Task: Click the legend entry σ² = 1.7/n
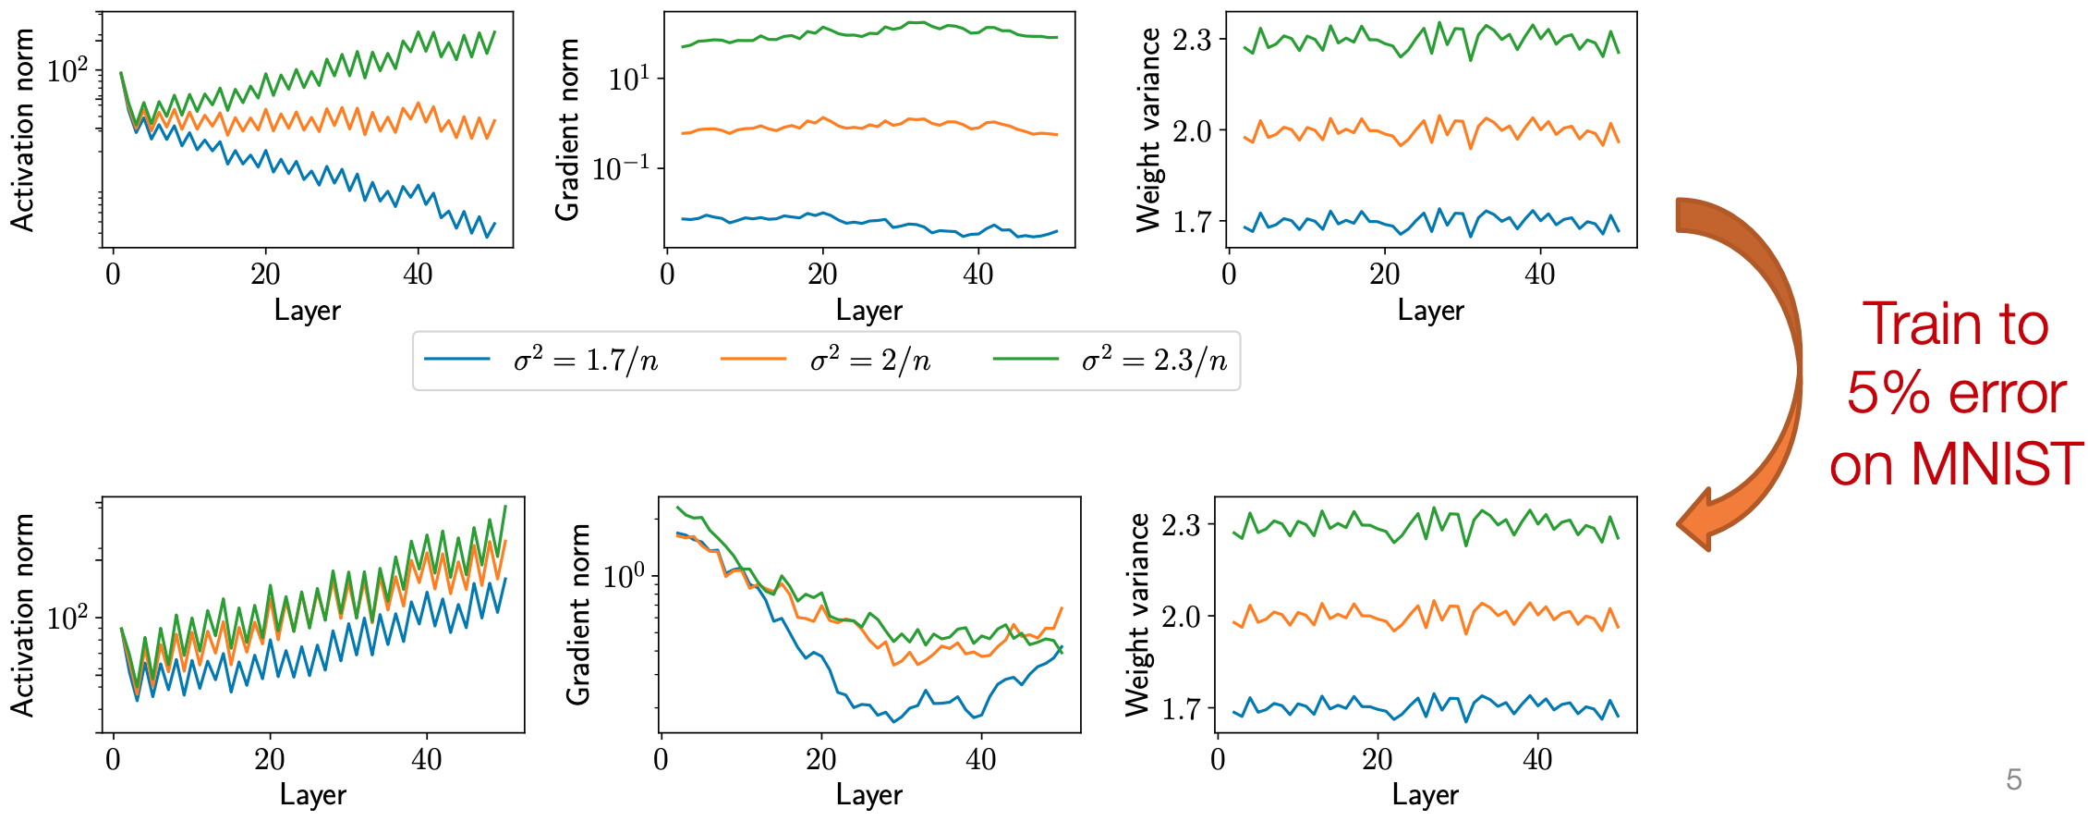click(585, 360)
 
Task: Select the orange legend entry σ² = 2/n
click(869, 360)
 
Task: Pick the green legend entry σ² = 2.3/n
click(1154, 360)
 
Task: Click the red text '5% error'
click(1956, 394)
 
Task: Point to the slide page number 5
click(2014, 779)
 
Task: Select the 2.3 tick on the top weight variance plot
click(1192, 41)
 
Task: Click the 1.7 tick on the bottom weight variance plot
click(1181, 710)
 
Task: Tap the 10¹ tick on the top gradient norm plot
click(629, 80)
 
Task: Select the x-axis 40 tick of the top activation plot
click(418, 274)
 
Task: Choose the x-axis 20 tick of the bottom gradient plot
click(820, 759)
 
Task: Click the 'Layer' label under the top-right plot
click(1430, 311)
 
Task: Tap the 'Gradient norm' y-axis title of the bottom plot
click(578, 614)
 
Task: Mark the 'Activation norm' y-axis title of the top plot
click(22, 129)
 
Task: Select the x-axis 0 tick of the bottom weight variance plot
click(1219, 759)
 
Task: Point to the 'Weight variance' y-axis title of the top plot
click(1148, 129)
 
